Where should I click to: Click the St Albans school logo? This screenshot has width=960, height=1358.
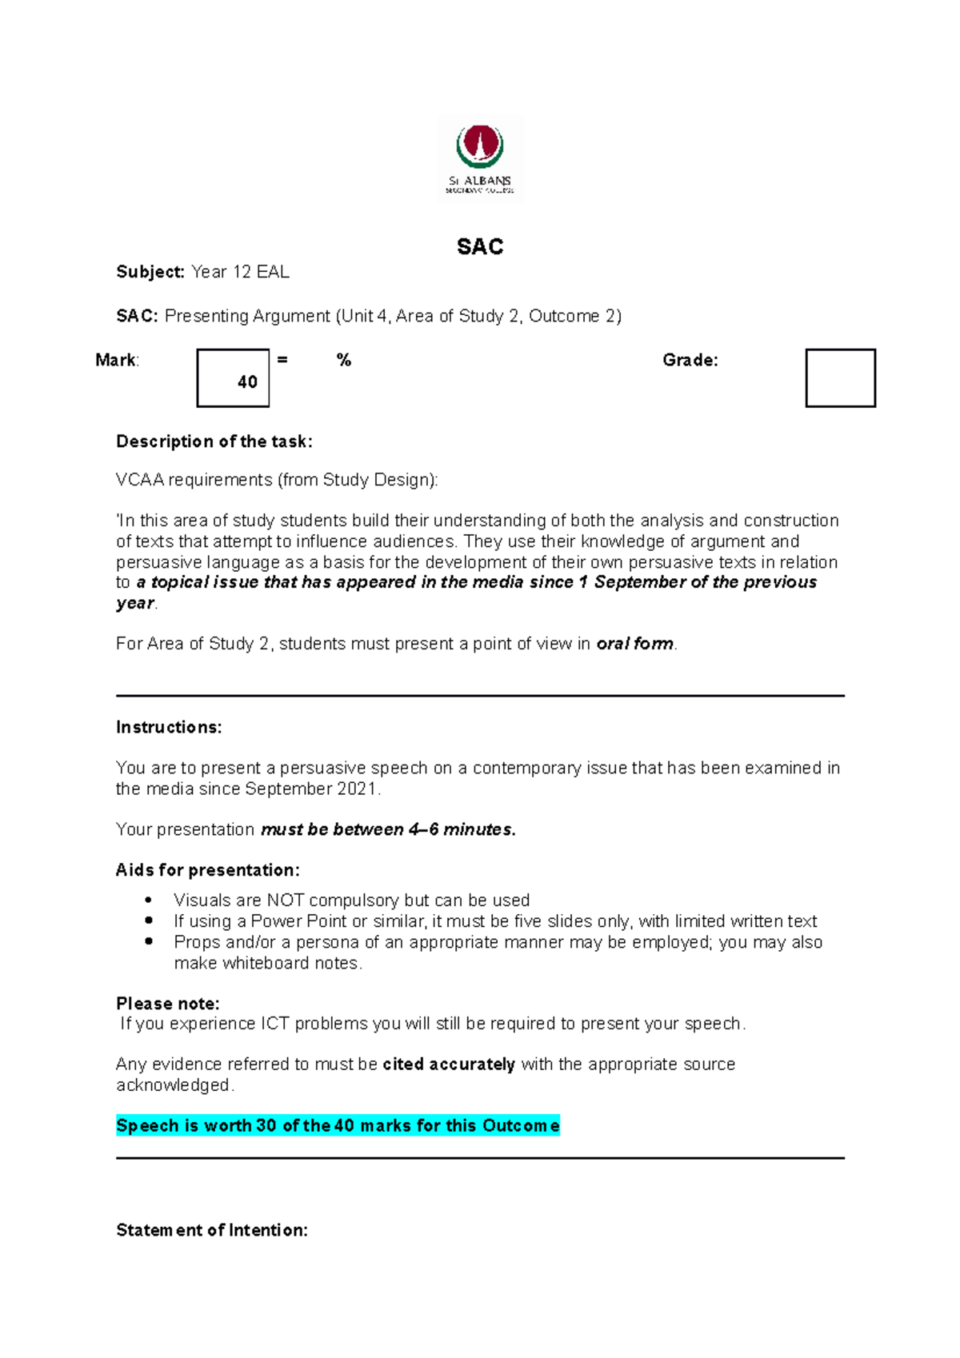[x=480, y=158]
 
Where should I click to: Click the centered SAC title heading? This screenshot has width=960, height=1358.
[x=480, y=246]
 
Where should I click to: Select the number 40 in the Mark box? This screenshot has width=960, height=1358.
[x=247, y=382]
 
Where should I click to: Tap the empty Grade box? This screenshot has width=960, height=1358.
[x=840, y=377]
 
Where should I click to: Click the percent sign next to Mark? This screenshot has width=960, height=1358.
[x=344, y=360]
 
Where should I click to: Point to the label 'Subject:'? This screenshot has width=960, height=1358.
[x=150, y=272]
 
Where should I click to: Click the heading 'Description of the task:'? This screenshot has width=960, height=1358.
[x=214, y=441]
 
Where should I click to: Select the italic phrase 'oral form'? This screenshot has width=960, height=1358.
[x=634, y=644]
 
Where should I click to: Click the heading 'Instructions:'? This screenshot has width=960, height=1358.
[x=169, y=727]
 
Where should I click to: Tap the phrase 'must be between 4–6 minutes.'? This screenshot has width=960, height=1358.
[x=388, y=829]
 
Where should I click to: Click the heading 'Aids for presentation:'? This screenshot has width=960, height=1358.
[x=207, y=870]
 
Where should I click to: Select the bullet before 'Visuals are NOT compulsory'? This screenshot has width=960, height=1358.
[x=149, y=900]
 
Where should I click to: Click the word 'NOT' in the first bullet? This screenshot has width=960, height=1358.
[x=285, y=901]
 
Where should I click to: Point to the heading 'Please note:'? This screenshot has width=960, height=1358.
[x=167, y=1003]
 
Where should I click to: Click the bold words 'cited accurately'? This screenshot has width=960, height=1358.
[x=448, y=1064]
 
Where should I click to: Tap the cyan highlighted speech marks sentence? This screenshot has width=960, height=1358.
[x=338, y=1125]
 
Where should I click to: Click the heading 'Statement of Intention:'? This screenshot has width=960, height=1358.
[x=211, y=1230]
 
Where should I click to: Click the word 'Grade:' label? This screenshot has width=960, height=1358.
[x=690, y=360]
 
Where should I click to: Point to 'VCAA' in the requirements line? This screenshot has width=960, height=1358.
[x=139, y=480]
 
